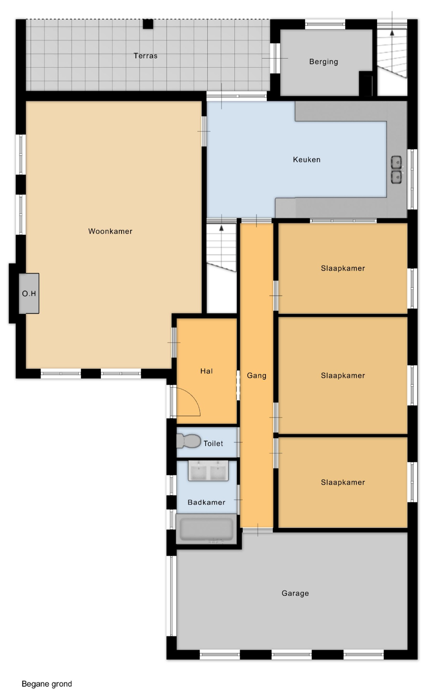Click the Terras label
coord(145,56)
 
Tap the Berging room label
coord(324,62)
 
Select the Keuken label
coord(306,159)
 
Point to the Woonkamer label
coord(110,231)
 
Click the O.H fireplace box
coord(29,293)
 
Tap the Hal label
coord(206,371)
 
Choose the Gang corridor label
coord(256,376)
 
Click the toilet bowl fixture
coord(188,441)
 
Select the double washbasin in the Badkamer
coord(208,471)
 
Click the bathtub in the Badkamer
coord(206,529)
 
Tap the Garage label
coord(295,593)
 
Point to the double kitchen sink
coord(396,170)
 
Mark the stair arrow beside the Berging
coord(392,32)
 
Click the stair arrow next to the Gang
coord(221,228)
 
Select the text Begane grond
coord(47,684)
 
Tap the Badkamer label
coord(206,502)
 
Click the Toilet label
coord(213,443)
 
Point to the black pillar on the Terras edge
coord(148,24)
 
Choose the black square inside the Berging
coord(365,84)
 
